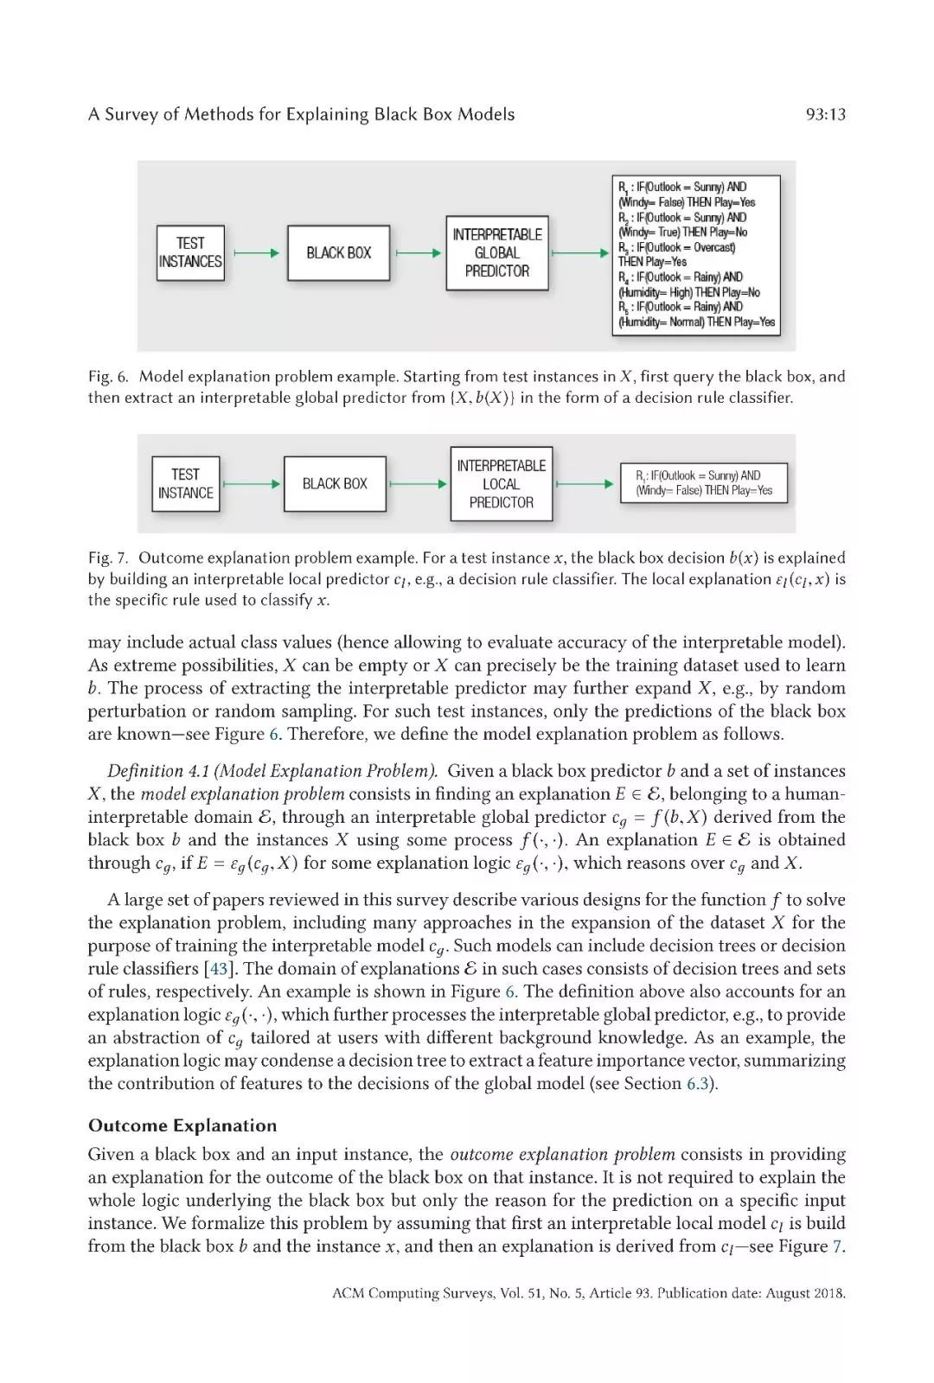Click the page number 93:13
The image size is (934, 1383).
click(x=825, y=114)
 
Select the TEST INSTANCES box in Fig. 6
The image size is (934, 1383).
click(x=190, y=252)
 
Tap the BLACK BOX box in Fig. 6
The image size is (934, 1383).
click(x=338, y=252)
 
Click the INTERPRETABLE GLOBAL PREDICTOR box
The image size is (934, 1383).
click(x=497, y=252)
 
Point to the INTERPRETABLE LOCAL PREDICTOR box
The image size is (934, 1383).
click(x=501, y=484)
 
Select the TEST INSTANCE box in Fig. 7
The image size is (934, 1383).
click(x=185, y=484)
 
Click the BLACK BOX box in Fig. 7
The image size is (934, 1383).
click(x=335, y=484)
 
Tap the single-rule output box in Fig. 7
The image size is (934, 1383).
click(x=704, y=483)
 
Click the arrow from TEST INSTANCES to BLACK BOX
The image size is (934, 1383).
click(x=256, y=253)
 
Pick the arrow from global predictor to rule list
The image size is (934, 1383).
click(x=580, y=253)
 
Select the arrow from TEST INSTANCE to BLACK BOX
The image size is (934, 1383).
click(x=252, y=484)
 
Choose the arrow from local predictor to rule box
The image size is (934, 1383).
click(x=585, y=484)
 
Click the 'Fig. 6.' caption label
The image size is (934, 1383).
click(x=108, y=377)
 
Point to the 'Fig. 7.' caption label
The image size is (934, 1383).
click(x=108, y=558)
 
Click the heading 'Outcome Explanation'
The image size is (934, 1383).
click(x=182, y=1125)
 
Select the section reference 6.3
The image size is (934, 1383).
click(x=698, y=1084)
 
